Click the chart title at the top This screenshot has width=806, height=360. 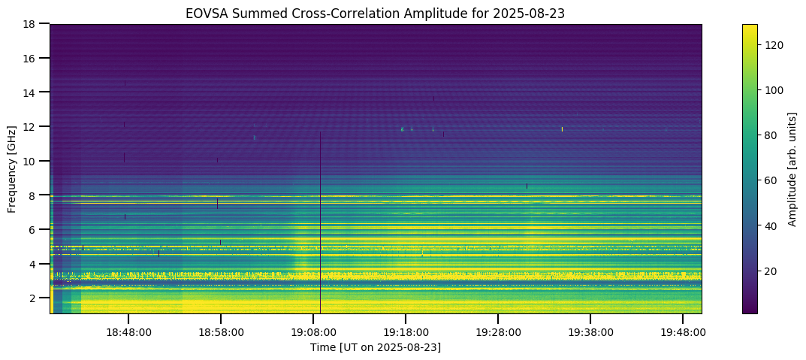click(x=376, y=13)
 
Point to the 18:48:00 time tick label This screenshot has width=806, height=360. click(x=128, y=331)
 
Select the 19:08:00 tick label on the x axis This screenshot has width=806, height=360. click(x=313, y=331)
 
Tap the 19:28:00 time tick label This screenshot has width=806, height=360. click(x=498, y=331)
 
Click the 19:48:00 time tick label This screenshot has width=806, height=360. click(x=683, y=331)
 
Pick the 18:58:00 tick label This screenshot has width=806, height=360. click(x=221, y=331)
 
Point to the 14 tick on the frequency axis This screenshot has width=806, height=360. click(x=32, y=92)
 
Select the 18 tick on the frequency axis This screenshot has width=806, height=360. click(x=32, y=24)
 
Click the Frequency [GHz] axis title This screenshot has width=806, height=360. click(x=13, y=169)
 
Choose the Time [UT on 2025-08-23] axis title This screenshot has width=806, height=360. click(x=376, y=347)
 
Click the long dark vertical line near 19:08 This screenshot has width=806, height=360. click(x=321, y=225)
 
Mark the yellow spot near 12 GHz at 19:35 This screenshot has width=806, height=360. click(x=562, y=129)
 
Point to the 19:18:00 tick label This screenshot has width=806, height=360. click(x=406, y=331)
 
